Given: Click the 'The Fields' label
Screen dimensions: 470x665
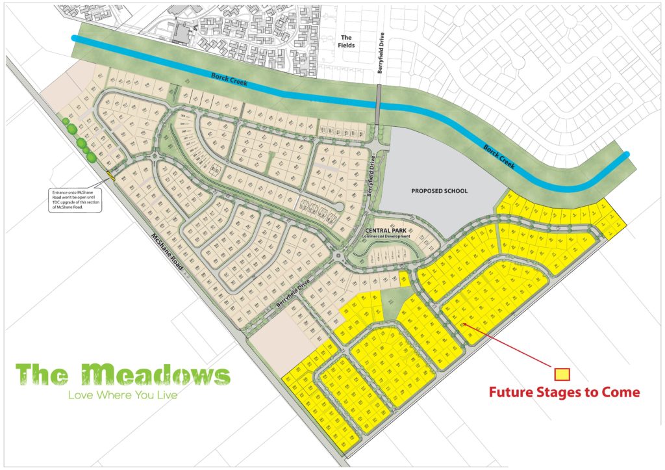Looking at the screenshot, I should pos(345,42).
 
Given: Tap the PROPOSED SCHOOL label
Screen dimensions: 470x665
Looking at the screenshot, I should pos(440,191).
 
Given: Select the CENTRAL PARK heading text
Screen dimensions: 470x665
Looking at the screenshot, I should pos(387,231).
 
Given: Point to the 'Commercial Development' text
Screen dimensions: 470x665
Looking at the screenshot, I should pos(388,237).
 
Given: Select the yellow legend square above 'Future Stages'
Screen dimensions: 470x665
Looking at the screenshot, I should pos(562,374).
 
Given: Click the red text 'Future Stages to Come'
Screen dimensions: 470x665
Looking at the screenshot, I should pos(564,393).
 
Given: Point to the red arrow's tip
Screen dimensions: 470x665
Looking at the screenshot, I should pos(464,324).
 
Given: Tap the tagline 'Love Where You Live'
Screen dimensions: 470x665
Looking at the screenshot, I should pos(123,395).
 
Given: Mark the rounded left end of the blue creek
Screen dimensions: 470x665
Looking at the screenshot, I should pos(75,39).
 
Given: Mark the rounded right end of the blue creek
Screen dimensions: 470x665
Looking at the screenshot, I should pos(626,155).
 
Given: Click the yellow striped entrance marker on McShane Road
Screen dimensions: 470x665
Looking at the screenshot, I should pos(111,175).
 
